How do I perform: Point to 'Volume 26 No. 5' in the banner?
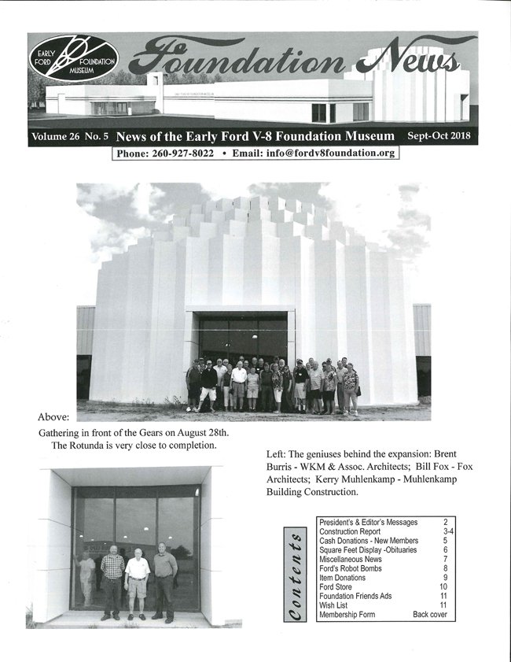[68, 136]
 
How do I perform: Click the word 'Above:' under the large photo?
[53, 416]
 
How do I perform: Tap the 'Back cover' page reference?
[430, 615]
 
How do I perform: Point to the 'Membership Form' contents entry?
[351, 615]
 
